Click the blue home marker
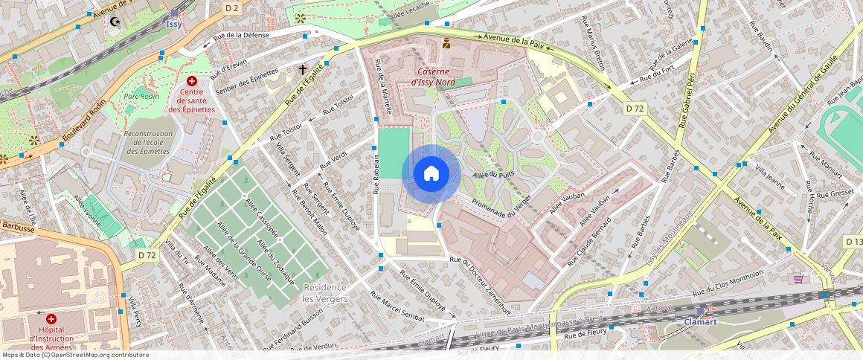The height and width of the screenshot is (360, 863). [x=431, y=174]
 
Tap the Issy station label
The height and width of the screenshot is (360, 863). [x=173, y=24]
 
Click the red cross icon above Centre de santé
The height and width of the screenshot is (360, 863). [x=192, y=80]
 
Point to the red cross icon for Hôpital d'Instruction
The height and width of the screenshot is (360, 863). [x=51, y=318]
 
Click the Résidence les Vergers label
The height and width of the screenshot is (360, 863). [x=324, y=292]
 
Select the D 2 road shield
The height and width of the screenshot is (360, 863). [x=232, y=8]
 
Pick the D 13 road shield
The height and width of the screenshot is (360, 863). [x=853, y=242]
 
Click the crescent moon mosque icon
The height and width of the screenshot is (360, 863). [x=115, y=21]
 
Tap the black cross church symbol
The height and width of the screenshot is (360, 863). [x=303, y=69]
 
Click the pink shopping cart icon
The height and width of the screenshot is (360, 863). [x=798, y=278]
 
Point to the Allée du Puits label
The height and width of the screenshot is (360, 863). [x=493, y=175]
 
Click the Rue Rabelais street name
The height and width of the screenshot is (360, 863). [x=377, y=175]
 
